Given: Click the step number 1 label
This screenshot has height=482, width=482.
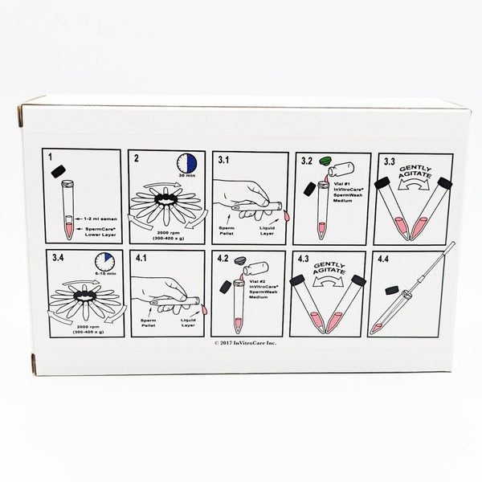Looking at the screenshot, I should click(x=51, y=157).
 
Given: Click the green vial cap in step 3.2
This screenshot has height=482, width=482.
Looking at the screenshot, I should click(x=325, y=160).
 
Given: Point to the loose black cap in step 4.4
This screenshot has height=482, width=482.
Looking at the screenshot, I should click(x=394, y=290).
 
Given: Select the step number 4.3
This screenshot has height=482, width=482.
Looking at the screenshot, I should click(x=304, y=259).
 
